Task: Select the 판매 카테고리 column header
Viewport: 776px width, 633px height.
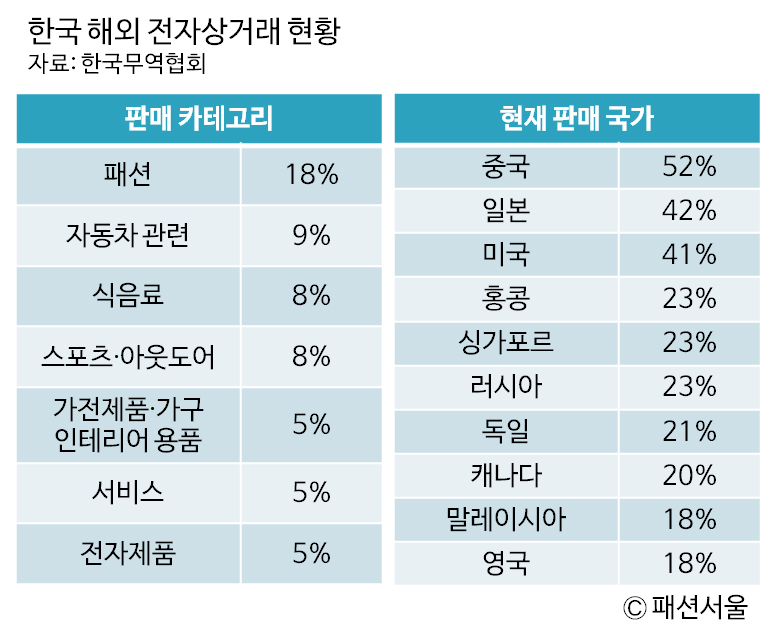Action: pos(199,119)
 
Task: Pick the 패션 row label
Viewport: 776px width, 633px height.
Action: pos(127,175)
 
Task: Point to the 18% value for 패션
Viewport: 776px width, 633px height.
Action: pos(311,175)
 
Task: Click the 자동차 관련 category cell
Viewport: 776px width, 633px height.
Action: pos(127,235)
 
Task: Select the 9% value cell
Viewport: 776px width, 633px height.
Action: pos(311,235)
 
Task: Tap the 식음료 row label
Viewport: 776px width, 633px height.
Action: pos(127,295)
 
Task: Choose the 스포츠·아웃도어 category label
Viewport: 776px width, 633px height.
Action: pos(127,355)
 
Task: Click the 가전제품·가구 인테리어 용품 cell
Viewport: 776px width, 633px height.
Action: pos(127,424)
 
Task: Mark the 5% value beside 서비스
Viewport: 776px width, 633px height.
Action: pos(311,492)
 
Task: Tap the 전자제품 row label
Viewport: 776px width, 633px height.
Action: pos(127,552)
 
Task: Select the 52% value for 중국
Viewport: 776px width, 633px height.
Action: pos(689,168)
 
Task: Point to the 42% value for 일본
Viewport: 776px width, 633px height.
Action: pos(689,211)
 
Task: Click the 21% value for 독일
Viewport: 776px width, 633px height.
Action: pos(689,430)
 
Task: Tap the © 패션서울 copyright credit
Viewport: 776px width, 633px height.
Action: pos(686,607)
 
